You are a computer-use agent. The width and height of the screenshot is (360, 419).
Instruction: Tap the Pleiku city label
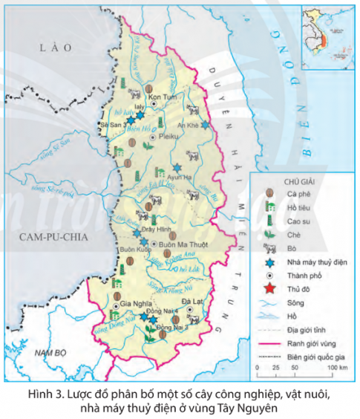pos(170,137)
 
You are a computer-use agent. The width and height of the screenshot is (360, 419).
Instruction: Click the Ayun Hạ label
pos(180,178)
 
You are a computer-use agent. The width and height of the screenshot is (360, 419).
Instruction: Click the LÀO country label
pos(56,47)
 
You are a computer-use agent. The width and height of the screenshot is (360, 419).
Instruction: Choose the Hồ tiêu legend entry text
pos(299,207)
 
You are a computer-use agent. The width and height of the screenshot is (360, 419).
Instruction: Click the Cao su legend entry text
pos(298,221)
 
